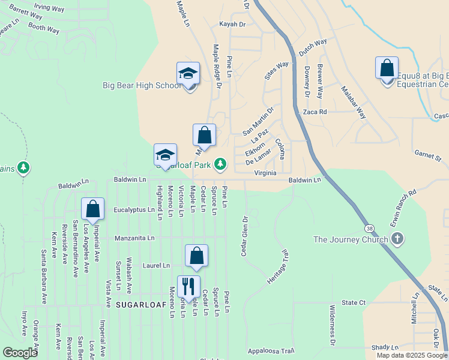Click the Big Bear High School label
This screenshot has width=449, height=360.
142,85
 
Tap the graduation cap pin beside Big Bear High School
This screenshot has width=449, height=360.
188,74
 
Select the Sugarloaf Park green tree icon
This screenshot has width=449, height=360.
221,163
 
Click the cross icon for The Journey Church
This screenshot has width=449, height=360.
397,239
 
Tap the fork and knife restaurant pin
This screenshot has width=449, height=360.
189,287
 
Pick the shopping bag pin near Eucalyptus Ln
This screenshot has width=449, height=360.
93,209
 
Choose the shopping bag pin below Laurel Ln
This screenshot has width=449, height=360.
196,256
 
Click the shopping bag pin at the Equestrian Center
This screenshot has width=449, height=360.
387,68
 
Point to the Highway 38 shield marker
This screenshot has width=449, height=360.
369,229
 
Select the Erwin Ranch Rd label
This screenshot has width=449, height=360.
403,208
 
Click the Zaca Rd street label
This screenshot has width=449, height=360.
315,112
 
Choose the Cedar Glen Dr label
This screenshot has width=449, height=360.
244,236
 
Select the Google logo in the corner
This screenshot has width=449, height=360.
20,352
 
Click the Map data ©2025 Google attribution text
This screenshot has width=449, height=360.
412,355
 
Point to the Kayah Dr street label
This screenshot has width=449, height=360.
233,25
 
